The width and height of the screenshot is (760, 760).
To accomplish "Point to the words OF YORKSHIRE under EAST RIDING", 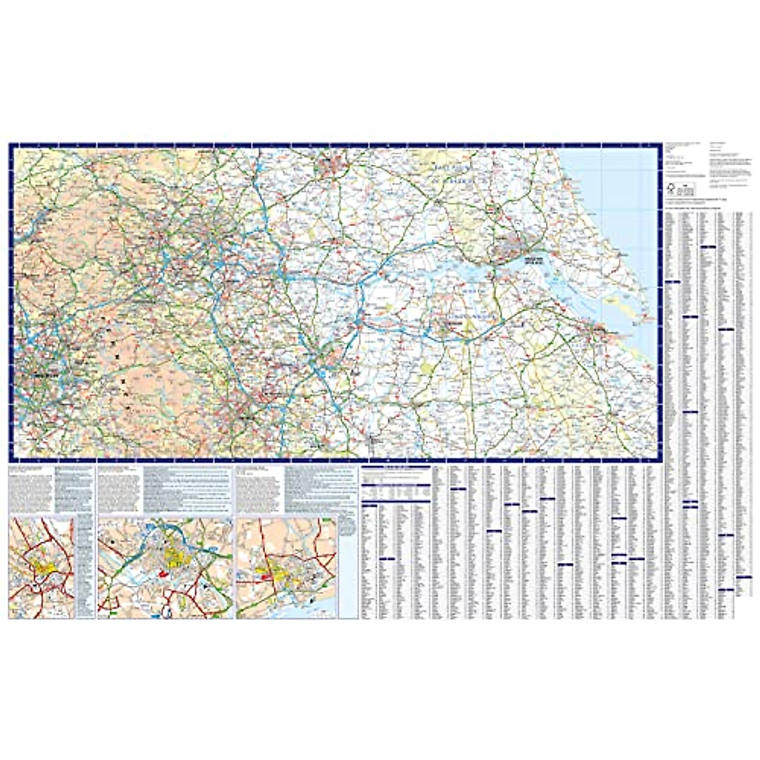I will (x=453, y=181).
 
